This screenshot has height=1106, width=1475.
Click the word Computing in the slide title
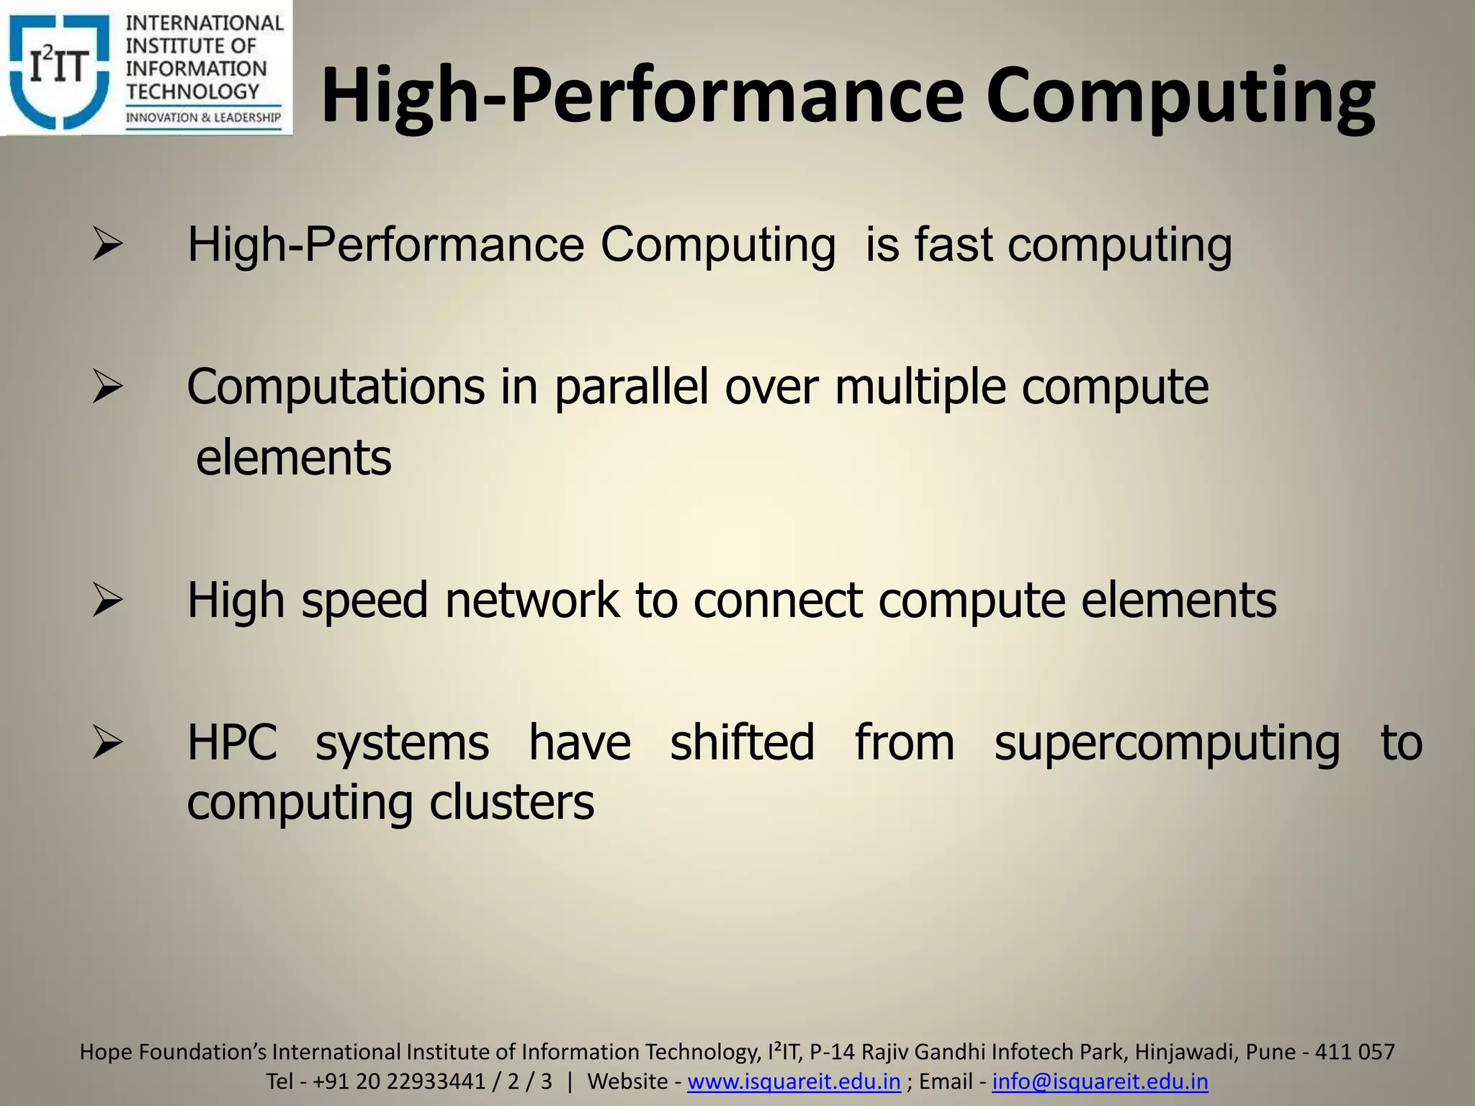tap(1180, 97)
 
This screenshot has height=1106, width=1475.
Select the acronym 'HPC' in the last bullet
tap(232, 743)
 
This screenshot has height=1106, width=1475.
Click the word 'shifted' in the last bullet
tap(742, 743)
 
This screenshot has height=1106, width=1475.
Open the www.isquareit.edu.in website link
tap(794, 1082)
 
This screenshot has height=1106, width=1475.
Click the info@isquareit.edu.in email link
tap(1100, 1082)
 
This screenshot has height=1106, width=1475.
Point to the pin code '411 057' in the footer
tap(1355, 1052)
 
